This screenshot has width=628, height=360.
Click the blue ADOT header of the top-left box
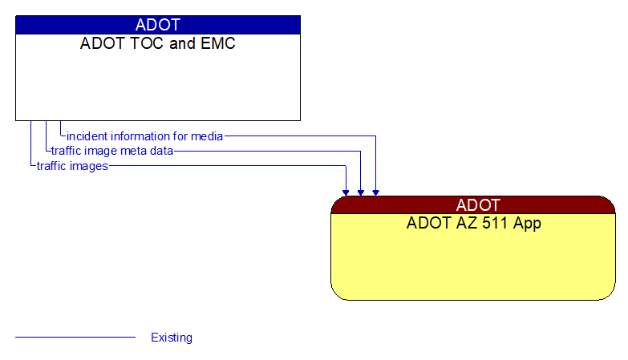pos(158,25)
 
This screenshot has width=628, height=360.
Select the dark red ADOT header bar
pos(473,204)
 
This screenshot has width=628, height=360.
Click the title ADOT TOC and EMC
pos(158,44)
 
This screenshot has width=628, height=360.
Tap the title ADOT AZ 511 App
pos(473,224)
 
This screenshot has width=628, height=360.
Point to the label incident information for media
pos(144,136)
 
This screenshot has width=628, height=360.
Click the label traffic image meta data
pos(111,151)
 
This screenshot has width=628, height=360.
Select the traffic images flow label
pos(72,166)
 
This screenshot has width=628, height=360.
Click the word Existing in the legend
pos(172,338)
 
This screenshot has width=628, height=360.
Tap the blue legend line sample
pos(75,338)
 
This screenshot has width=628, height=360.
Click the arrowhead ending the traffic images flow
pos(346,192)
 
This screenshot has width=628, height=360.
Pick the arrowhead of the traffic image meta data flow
pos(361,192)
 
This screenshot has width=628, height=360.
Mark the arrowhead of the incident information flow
pos(375,192)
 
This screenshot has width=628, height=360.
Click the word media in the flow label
pos(208,136)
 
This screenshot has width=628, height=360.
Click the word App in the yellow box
pos(526,224)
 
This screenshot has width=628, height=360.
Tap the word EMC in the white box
pos(218,44)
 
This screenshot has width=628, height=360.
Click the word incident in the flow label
pos(87,136)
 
